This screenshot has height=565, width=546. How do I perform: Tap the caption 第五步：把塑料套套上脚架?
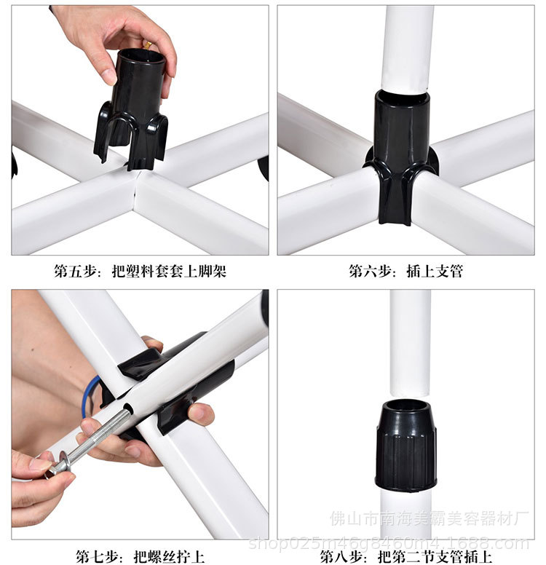pos(141,271)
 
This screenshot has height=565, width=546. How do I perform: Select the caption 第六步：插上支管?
pos(405,271)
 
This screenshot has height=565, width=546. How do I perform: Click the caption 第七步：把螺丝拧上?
pos(140,556)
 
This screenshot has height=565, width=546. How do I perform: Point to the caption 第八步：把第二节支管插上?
pos(405,556)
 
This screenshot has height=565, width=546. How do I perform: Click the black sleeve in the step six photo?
pos(401,155)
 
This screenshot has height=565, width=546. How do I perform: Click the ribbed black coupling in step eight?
pos(405,445)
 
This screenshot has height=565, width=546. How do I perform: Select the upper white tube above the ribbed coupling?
pos(410,342)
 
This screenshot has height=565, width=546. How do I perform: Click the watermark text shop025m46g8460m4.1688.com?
pos(389,543)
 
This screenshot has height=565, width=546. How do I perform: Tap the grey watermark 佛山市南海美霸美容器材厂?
pos(430,519)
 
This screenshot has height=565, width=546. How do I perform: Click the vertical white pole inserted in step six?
pos(407,49)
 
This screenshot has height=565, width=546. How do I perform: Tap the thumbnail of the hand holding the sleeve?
pos(141,130)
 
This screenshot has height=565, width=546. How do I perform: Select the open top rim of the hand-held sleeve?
pos(141,57)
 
